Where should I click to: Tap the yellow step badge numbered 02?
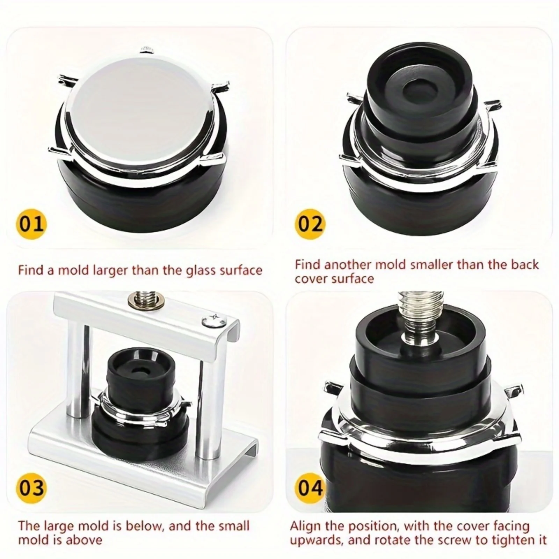coord(310,224)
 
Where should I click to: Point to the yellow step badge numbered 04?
coord(310,487)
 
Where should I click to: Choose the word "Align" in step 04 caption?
coord(306,526)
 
